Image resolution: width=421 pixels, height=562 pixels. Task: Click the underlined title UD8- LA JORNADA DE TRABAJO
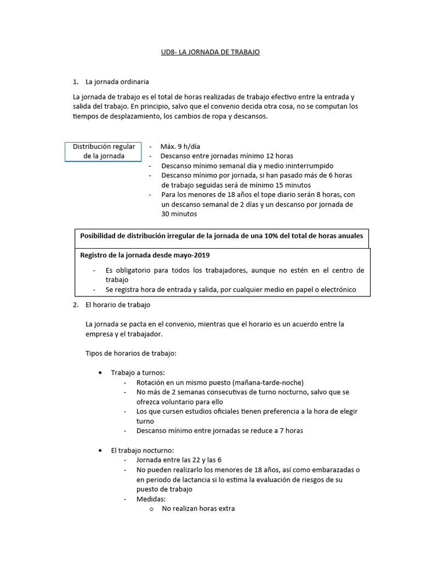(210, 52)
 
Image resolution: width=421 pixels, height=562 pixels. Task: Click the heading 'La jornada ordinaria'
(117, 82)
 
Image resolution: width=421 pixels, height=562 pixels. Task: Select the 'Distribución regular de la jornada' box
(104, 151)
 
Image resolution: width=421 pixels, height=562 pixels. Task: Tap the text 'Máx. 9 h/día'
(180, 147)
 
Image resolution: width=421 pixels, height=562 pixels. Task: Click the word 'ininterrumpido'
(310, 165)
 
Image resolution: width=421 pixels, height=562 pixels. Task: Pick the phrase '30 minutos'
(179, 215)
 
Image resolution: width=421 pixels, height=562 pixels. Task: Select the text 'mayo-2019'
(194, 255)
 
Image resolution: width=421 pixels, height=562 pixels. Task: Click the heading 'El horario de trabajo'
(118, 305)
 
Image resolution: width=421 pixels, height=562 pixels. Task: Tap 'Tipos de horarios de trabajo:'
(130, 353)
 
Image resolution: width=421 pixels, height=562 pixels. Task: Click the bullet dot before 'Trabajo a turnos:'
(100, 373)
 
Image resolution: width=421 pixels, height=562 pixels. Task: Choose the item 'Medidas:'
(151, 499)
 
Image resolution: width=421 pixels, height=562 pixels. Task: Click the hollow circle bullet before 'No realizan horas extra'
(151, 509)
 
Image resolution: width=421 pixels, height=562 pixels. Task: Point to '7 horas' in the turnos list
(291, 431)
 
